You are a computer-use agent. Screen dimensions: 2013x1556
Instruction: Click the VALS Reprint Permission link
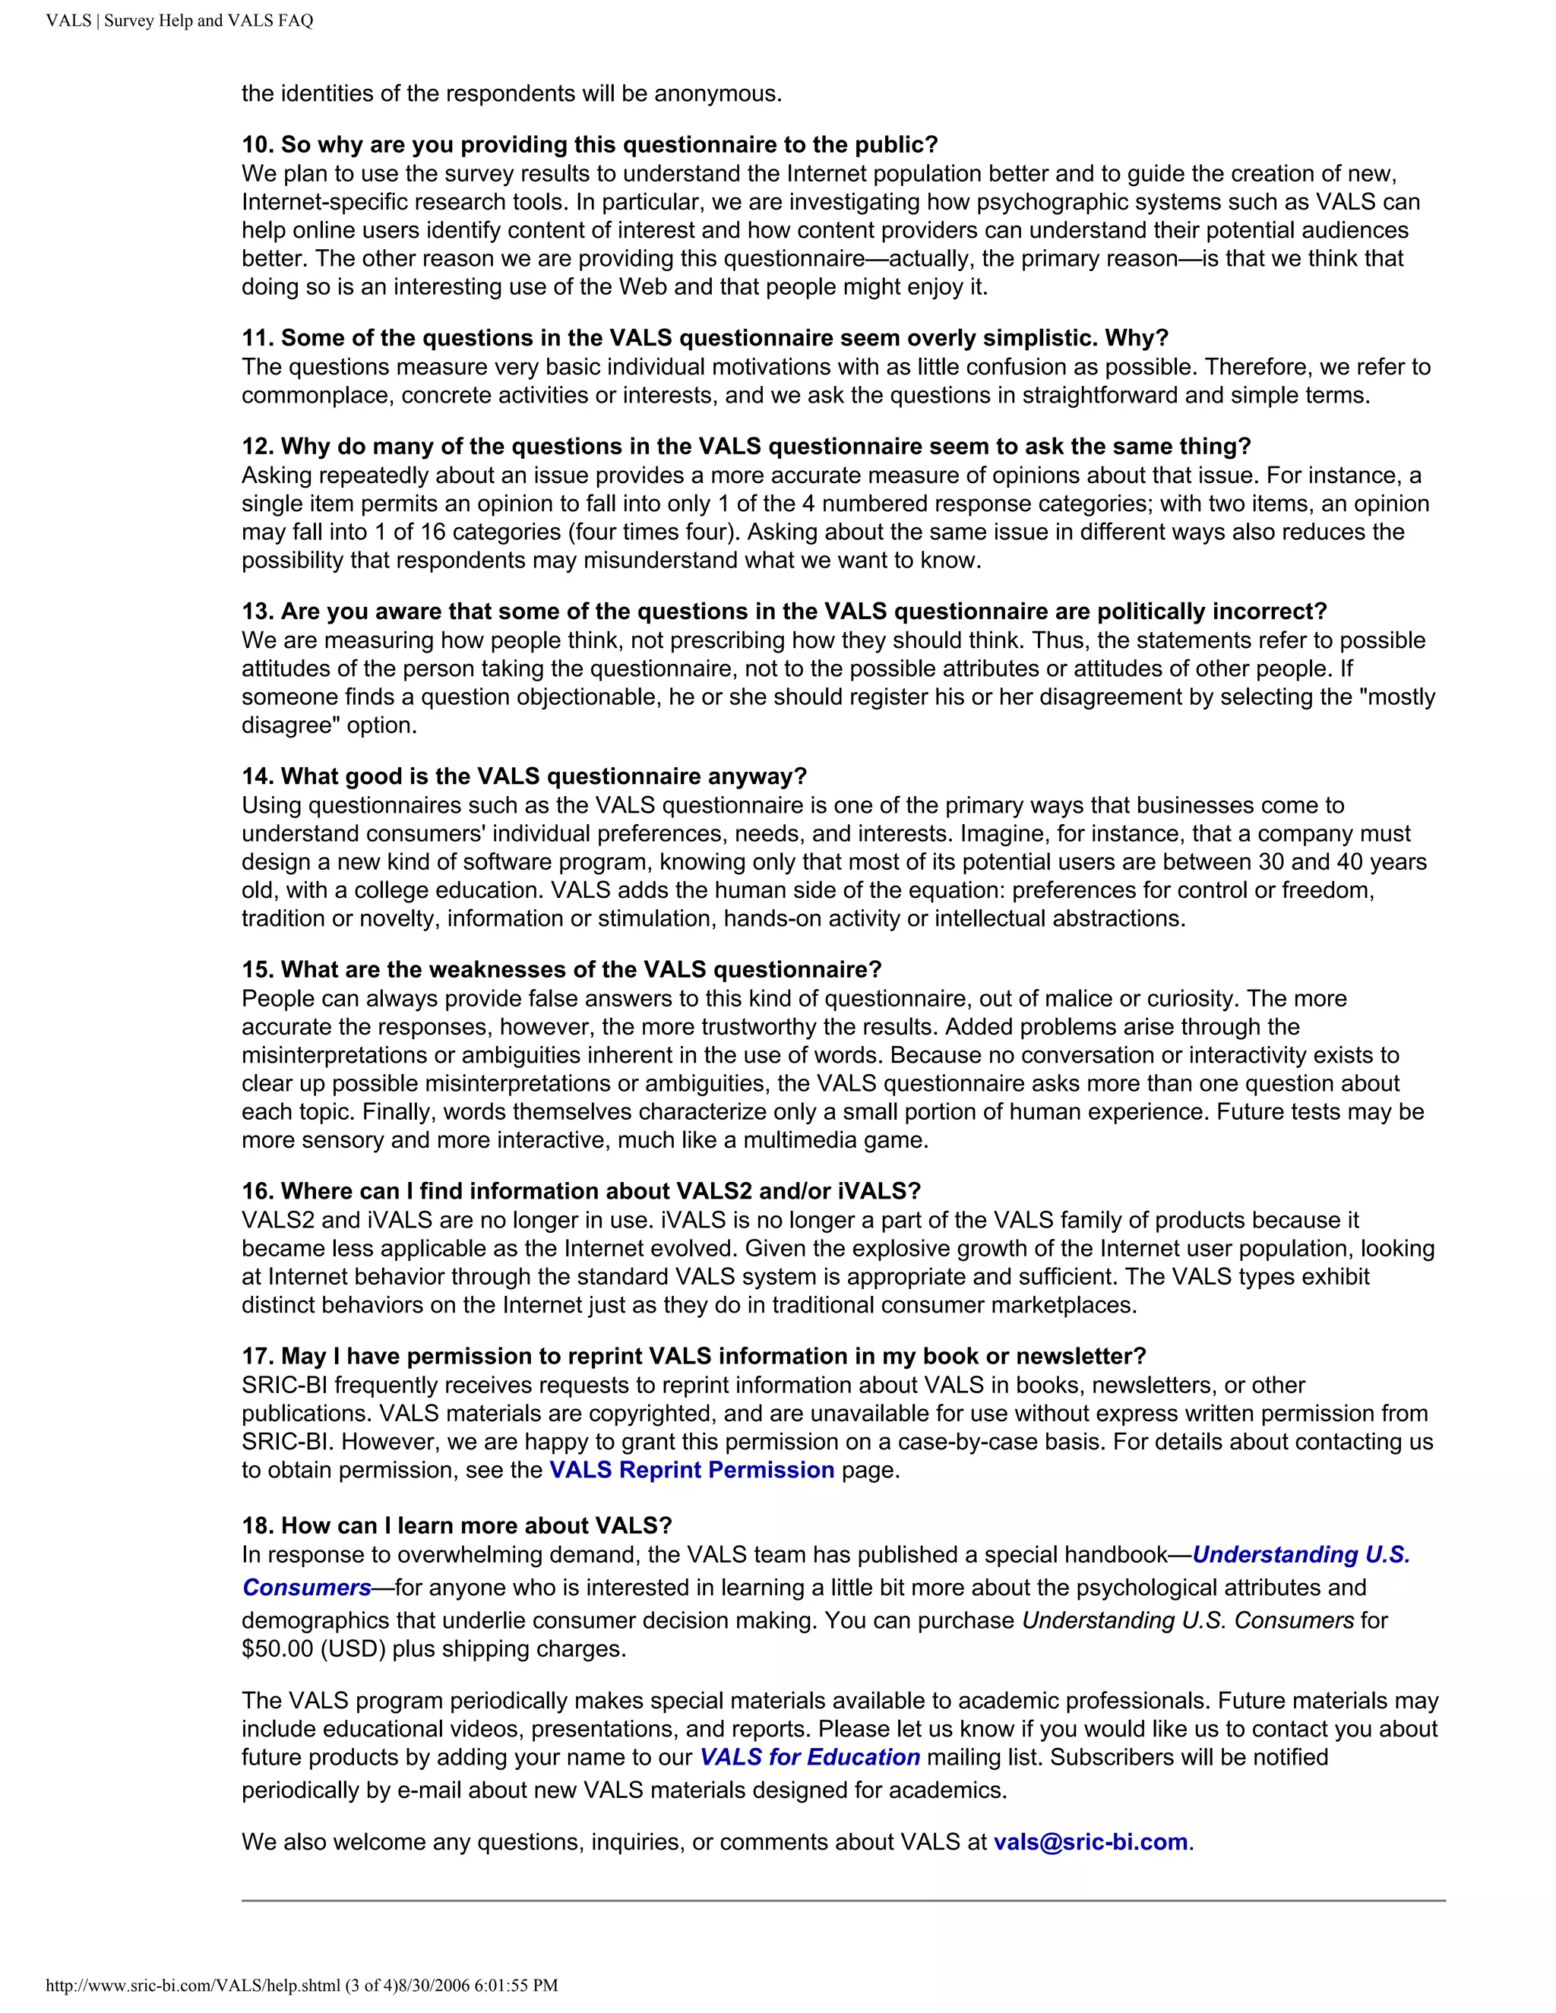(x=691, y=1470)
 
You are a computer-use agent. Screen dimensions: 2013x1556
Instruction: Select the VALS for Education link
(x=809, y=1757)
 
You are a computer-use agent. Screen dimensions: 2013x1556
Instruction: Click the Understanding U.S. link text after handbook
(x=1301, y=1555)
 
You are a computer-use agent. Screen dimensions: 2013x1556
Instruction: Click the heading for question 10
(x=589, y=144)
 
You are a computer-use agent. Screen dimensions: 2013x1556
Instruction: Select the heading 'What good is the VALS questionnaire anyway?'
(x=523, y=776)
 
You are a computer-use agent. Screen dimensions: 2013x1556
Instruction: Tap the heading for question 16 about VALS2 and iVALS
(x=580, y=1191)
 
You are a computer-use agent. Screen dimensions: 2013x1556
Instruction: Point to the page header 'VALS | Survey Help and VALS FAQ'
(x=180, y=21)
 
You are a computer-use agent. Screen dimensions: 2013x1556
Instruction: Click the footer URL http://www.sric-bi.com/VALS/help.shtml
(x=194, y=1986)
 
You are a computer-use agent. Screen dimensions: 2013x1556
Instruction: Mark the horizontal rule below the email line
(x=843, y=1901)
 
